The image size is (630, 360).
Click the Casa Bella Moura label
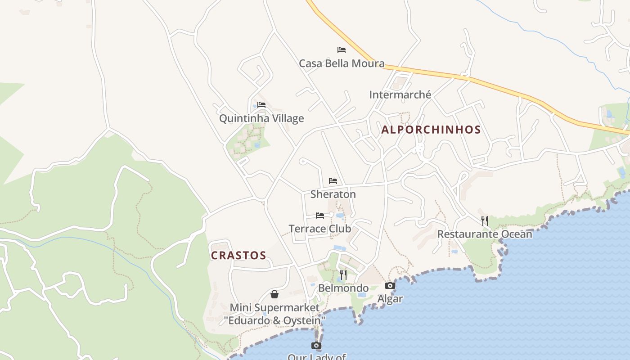point(342,63)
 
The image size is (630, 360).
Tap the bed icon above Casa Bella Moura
point(342,49)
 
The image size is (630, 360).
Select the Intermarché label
point(400,95)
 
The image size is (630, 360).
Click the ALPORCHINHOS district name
point(431,130)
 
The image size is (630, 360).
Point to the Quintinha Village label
point(261,119)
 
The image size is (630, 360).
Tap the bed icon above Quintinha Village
point(261,105)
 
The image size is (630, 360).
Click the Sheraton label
point(333,194)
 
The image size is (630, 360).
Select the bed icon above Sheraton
point(333,181)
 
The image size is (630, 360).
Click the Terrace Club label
point(320,229)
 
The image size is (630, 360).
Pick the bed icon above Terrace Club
point(320,215)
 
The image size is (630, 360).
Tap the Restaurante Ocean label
point(485,234)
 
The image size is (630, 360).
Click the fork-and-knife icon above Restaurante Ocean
point(485,220)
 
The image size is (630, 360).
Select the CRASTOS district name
point(238,256)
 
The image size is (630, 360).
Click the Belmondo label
point(343,288)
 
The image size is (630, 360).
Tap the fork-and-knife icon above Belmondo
point(343,274)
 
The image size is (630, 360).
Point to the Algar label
point(390,299)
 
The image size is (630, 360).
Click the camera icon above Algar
point(390,285)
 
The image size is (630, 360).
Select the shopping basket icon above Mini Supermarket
point(274,294)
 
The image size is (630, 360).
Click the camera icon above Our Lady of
point(316,345)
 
